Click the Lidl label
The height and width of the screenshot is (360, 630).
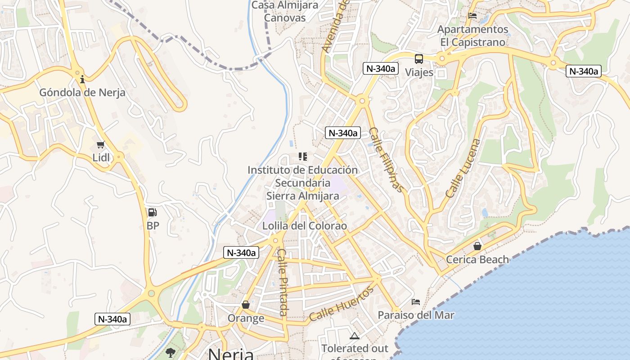(x=101, y=157)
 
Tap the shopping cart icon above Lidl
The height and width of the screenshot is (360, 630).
(x=101, y=145)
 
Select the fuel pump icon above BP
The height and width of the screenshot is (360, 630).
(x=153, y=212)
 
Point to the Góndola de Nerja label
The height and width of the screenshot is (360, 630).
(x=82, y=93)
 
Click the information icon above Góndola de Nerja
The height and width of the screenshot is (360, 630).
(x=82, y=80)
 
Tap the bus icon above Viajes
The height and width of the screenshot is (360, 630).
(x=419, y=59)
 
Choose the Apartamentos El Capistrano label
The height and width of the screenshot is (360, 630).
(x=473, y=36)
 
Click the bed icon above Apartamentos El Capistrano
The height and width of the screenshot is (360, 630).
(x=472, y=16)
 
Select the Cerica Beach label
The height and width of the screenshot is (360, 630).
(x=477, y=260)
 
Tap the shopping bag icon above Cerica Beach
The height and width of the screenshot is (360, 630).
(x=477, y=246)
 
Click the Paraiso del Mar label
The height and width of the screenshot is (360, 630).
(x=416, y=315)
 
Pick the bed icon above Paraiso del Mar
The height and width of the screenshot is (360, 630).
(x=416, y=302)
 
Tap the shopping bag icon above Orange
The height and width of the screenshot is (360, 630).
(x=246, y=305)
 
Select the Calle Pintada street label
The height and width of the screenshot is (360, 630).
(x=283, y=282)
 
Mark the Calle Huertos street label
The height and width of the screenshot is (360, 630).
(x=342, y=304)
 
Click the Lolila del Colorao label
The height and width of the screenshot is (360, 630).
(x=305, y=226)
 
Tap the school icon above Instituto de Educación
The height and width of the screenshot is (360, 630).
(x=303, y=157)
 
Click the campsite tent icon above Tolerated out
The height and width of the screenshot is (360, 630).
(x=355, y=336)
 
